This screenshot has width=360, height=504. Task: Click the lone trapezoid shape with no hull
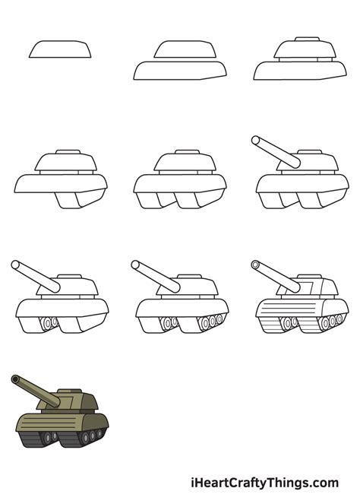pyautogui.click(x=60, y=50)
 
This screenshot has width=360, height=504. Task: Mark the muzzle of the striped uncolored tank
pyautogui.click(x=255, y=265)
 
